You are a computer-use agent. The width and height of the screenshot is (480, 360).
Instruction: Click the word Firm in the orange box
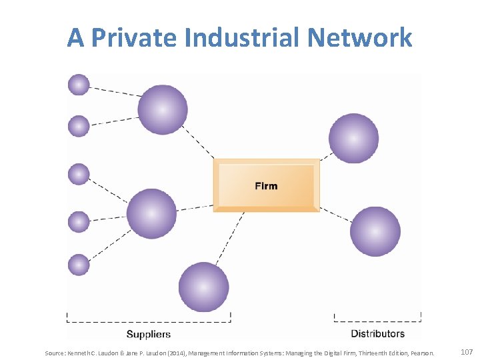point(266,185)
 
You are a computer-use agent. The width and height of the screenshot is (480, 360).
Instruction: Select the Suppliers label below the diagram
point(148,334)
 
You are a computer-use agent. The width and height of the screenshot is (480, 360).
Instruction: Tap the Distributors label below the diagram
point(377,333)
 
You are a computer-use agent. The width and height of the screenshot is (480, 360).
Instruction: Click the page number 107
point(466,351)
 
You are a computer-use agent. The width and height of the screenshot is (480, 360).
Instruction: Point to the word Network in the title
point(360,37)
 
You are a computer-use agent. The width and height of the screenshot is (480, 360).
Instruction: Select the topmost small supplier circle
point(79,85)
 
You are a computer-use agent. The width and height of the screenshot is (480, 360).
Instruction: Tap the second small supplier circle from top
point(79,126)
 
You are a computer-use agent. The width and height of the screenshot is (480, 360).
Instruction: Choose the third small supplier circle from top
point(79,175)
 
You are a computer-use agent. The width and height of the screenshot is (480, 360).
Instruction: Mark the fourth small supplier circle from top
point(79,222)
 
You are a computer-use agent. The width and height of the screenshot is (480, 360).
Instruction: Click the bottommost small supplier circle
point(79,265)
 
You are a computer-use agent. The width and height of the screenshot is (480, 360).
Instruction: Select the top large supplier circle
point(163,110)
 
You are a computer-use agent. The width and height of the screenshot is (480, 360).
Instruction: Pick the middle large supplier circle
point(152,214)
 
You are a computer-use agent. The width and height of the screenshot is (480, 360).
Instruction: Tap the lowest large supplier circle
point(204,287)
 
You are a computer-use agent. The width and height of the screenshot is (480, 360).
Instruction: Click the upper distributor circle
point(353,139)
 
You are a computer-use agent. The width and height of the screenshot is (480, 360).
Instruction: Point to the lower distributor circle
point(375,232)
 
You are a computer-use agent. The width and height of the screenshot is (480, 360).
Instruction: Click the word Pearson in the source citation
point(421,352)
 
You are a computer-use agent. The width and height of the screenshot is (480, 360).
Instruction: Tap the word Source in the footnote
point(55,352)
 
